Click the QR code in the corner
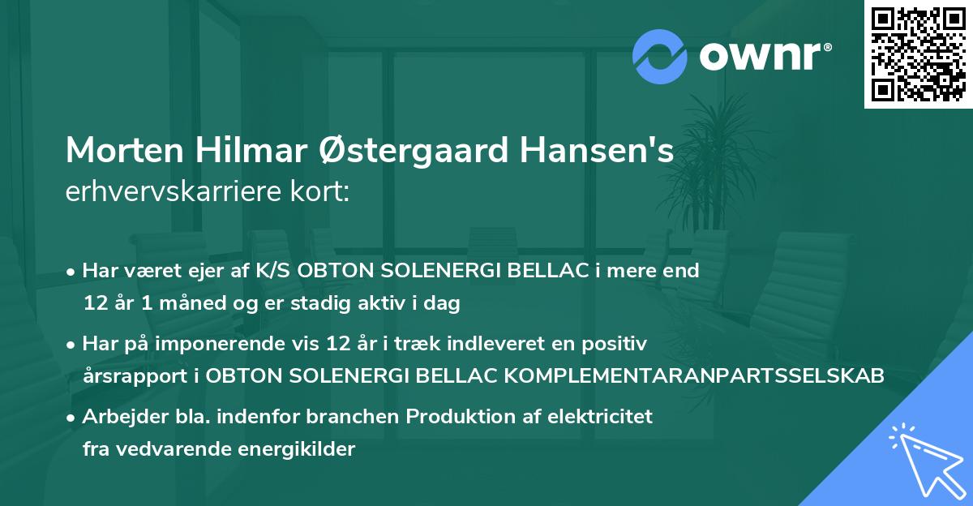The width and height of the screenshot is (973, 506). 917,55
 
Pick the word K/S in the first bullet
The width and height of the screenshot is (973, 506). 272,270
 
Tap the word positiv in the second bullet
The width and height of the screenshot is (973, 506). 617,344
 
